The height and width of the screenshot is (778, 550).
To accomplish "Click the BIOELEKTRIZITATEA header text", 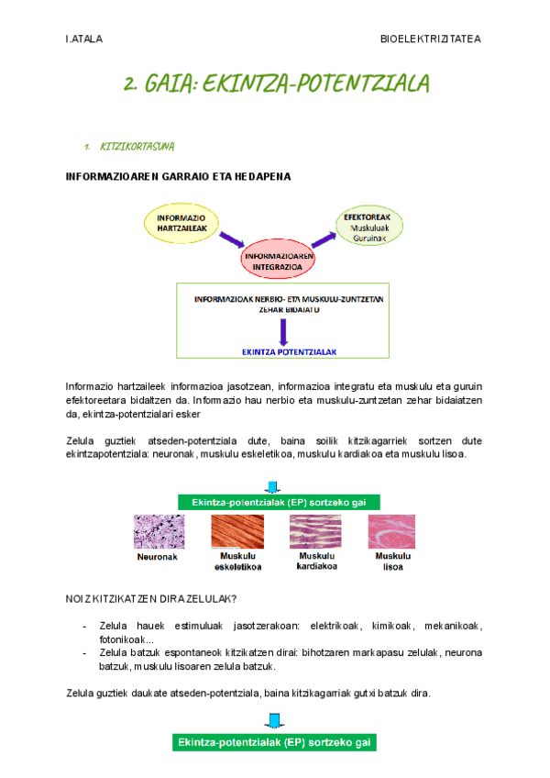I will [430, 39].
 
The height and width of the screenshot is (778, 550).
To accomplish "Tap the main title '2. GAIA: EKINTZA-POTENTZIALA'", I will [276, 85].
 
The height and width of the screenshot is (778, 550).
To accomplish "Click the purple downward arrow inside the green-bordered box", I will [283, 330].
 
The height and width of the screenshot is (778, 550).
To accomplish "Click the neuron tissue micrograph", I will [158, 531].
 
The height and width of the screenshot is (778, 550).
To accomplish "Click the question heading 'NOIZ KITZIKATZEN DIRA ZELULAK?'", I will [152, 600].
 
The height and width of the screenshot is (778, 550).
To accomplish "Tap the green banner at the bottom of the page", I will [275, 742].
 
